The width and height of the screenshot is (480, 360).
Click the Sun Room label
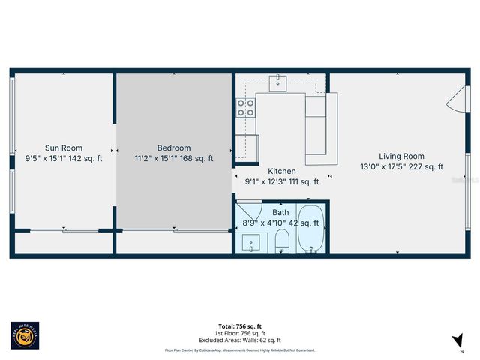pos(64,148)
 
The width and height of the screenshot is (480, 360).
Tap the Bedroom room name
pos(173,148)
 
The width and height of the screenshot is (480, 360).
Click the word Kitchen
pos(281,171)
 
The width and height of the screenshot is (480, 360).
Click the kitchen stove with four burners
pos(245,109)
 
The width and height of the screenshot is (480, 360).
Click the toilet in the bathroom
pos(283,241)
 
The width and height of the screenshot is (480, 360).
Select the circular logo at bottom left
pos(25,336)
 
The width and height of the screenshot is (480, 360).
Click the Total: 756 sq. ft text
pos(239,326)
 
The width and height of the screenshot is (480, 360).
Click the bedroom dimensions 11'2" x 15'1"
pos(173,158)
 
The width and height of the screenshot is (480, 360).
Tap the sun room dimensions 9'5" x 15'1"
pos(64,158)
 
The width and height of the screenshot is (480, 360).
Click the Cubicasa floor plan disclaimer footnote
pos(239,350)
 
